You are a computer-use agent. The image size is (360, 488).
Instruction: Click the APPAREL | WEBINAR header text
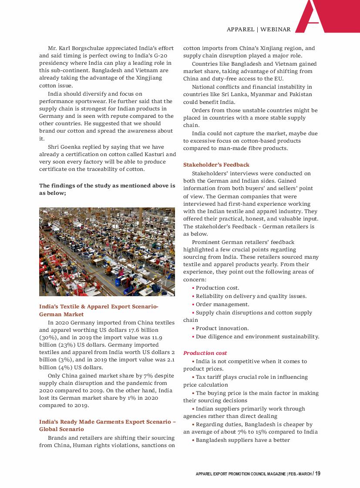(259, 30)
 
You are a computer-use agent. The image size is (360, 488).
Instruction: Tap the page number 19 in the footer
(318, 473)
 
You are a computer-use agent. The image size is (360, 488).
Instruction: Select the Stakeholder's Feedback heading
(216, 165)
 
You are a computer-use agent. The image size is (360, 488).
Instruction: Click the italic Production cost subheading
(205, 353)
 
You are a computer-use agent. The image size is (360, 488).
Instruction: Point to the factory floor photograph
(107, 252)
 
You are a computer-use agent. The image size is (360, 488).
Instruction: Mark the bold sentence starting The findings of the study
(107, 189)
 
